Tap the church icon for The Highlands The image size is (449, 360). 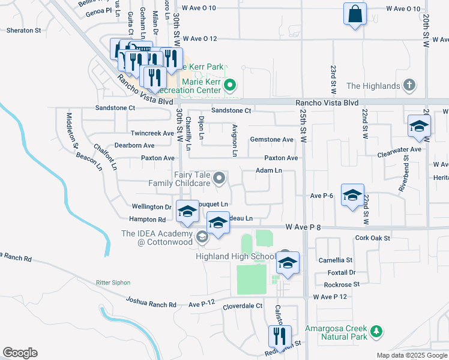tap(410, 85)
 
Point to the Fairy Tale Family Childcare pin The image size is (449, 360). tap(220, 178)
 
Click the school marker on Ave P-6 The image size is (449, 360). tap(352, 196)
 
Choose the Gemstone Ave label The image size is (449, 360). tap(271, 139)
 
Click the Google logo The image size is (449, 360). tap(20, 353)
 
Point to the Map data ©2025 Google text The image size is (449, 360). tap(411, 355)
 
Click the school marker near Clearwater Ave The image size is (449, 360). tap(419, 127)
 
